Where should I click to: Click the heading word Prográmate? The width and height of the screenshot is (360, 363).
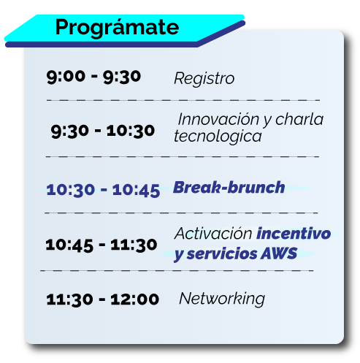pos(117,28)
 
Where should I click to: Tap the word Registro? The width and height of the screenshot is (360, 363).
pos(204,79)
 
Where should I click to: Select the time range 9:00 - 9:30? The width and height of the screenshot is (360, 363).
pos(93,77)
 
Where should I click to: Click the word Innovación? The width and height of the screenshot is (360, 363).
pos(218,119)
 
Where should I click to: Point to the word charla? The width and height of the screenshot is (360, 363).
pos(299,119)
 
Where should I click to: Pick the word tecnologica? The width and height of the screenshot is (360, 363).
pos(218,137)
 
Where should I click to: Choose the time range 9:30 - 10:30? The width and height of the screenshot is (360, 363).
pos(103,131)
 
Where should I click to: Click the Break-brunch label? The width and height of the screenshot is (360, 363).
pos(229,188)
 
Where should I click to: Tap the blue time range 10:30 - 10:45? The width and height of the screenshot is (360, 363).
pos(103,190)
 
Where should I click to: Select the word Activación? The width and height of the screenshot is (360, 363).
pos(213,234)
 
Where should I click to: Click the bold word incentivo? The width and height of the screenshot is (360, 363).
pos(294,234)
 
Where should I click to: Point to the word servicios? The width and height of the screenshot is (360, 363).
pos(222,253)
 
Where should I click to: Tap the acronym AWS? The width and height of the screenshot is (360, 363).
pos(279,253)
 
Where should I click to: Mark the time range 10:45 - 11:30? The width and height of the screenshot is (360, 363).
pos(102,245)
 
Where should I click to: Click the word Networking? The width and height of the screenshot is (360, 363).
pos(222,299)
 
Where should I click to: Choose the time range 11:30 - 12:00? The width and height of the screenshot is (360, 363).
pos(103,299)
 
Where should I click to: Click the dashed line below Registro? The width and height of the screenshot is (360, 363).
pos(183,100)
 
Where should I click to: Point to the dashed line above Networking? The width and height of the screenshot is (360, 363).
pos(177,270)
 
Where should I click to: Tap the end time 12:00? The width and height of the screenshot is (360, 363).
pos(135,299)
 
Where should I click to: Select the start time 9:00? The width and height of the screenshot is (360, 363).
pos(66,77)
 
